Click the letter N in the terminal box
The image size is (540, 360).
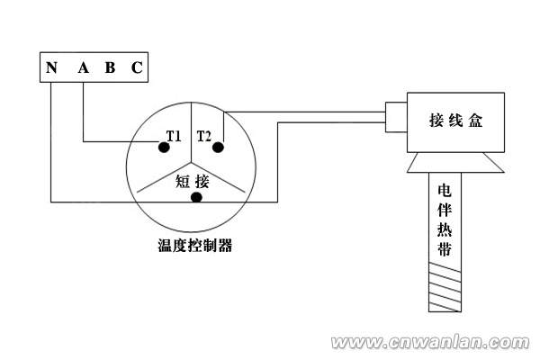pyautogui.click(x=52, y=67)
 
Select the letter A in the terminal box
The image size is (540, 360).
pyautogui.click(x=83, y=67)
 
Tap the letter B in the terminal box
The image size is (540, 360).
pyautogui.click(x=110, y=67)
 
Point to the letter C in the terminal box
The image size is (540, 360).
pyautogui.click(x=135, y=67)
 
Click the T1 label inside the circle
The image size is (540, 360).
pyautogui.click(x=173, y=136)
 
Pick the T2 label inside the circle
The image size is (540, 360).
pyautogui.click(x=204, y=136)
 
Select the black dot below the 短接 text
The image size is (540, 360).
pyautogui.click(x=195, y=197)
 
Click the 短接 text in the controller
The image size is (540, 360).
pyautogui.click(x=191, y=180)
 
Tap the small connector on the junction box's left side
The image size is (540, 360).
pyautogui.click(x=395, y=118)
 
